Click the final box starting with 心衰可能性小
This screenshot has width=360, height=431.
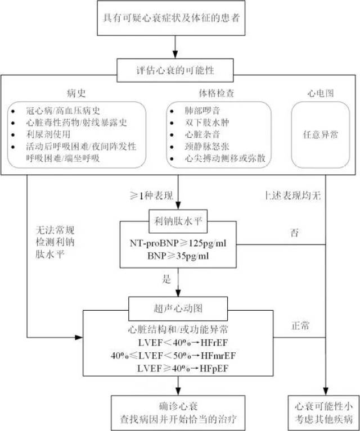[x=323, y=412]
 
